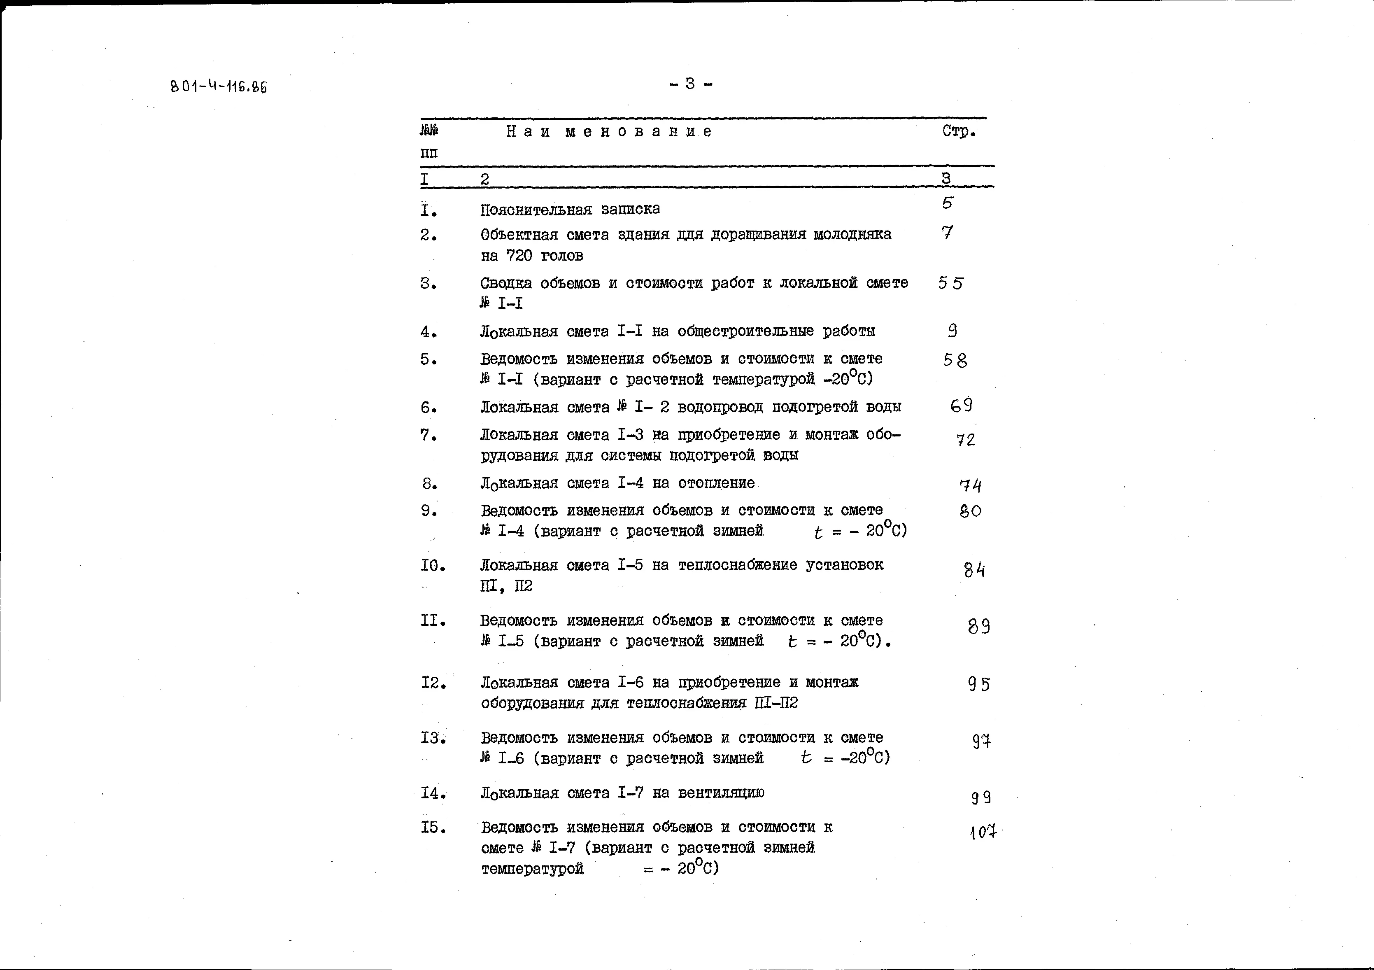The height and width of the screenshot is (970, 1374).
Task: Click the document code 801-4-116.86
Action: click(x=219, y=87)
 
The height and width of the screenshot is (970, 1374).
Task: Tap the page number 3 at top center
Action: click(x=690, y=84)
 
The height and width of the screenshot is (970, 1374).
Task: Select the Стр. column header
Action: click(x=959, y=131)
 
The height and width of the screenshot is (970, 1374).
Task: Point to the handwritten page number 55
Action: click(x=950, y=283)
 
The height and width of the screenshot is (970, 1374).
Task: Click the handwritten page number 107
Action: click(x=983, y=832)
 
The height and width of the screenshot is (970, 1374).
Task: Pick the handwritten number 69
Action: click(x=961, y=406)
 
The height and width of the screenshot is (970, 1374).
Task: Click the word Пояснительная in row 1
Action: click(x=536, y=210)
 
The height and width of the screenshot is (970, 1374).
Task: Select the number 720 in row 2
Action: click(x=519, y=256)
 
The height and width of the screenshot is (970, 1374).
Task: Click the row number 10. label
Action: click(x=433, y=565)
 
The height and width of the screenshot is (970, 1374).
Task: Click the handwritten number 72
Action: click(x=965, y=440)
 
